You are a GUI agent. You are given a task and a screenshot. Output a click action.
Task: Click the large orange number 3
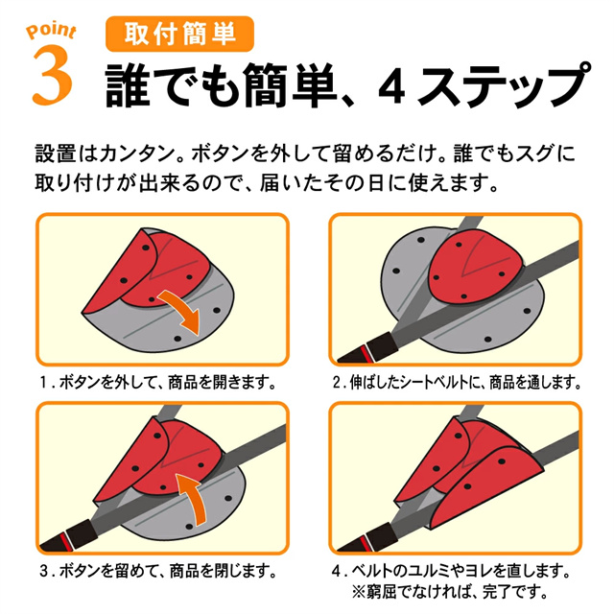53,75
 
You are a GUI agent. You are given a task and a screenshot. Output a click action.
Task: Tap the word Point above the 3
51,31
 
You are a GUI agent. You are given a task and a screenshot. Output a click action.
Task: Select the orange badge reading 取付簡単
179,34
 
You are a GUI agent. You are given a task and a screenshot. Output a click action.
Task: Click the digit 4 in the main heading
392,85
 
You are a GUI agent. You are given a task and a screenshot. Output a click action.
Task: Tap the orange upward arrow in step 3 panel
193,498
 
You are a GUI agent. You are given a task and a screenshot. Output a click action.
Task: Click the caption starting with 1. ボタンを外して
158,382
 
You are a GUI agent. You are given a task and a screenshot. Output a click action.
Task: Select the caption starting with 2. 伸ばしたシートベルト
457,382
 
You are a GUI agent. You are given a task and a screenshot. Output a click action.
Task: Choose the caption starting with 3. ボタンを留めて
158,571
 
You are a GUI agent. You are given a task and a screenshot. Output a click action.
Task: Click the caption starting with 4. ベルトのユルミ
450,571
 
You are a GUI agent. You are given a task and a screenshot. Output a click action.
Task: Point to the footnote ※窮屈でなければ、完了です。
450,592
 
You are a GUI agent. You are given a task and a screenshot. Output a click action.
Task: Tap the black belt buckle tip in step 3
70,537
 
